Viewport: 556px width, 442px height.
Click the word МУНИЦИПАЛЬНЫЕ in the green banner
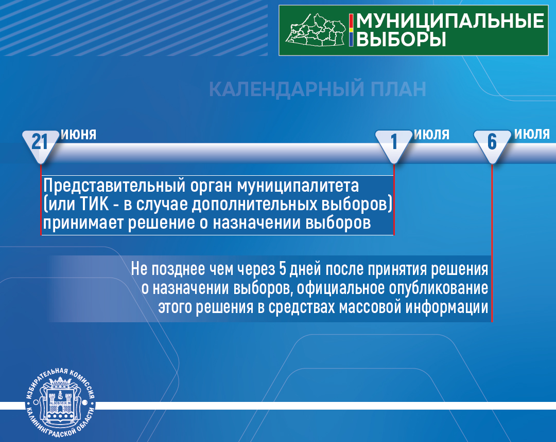[x=450, y=21]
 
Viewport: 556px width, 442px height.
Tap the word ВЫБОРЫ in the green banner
[x=401, y=39]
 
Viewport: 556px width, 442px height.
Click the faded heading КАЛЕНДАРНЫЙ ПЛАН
[x=317, y=89]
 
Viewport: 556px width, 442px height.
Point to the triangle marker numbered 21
[x=41, y=145]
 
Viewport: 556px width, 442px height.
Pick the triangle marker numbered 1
[x=394, y=145]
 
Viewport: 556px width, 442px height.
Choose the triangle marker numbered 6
[x=492, y=145]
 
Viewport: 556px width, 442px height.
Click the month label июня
[x=79, y=135]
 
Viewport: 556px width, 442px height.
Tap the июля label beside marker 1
[x=431, y=135]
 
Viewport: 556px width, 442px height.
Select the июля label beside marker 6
[x=532, y=134]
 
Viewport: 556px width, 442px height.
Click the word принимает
[x=83, y=223]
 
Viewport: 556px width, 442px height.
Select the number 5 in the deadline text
[x=283, y=269]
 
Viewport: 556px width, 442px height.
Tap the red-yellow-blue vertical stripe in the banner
[x=351, y=30]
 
